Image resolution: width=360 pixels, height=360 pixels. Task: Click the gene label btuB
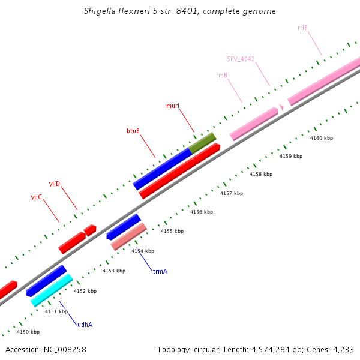tap(133, 130)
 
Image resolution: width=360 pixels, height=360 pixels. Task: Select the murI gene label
tap(173, 106)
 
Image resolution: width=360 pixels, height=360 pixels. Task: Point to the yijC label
tap(37, 197)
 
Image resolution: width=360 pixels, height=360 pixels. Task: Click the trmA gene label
tap(160, 271)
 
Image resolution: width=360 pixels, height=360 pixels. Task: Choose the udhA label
tap(85, 325)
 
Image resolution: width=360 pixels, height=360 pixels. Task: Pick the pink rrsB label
tap(221, 75)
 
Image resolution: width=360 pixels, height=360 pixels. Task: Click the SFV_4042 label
tap(241, 59)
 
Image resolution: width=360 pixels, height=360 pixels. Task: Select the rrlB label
tap(302, 28)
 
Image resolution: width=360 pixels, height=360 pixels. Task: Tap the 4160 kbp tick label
tap(322, 138)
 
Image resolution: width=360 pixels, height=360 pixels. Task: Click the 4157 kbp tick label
tap(232, 193)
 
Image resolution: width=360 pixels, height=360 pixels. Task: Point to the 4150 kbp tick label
tap(28, 332)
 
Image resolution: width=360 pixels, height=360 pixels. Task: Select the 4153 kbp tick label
tap(114, 271)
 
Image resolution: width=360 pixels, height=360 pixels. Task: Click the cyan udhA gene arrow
tap(52, 290)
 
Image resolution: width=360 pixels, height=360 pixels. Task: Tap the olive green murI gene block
tap(202, 143)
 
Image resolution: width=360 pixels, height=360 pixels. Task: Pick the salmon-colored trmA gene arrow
tap(128, 237)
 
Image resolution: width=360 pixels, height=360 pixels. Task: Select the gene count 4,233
tap(343, 349)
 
